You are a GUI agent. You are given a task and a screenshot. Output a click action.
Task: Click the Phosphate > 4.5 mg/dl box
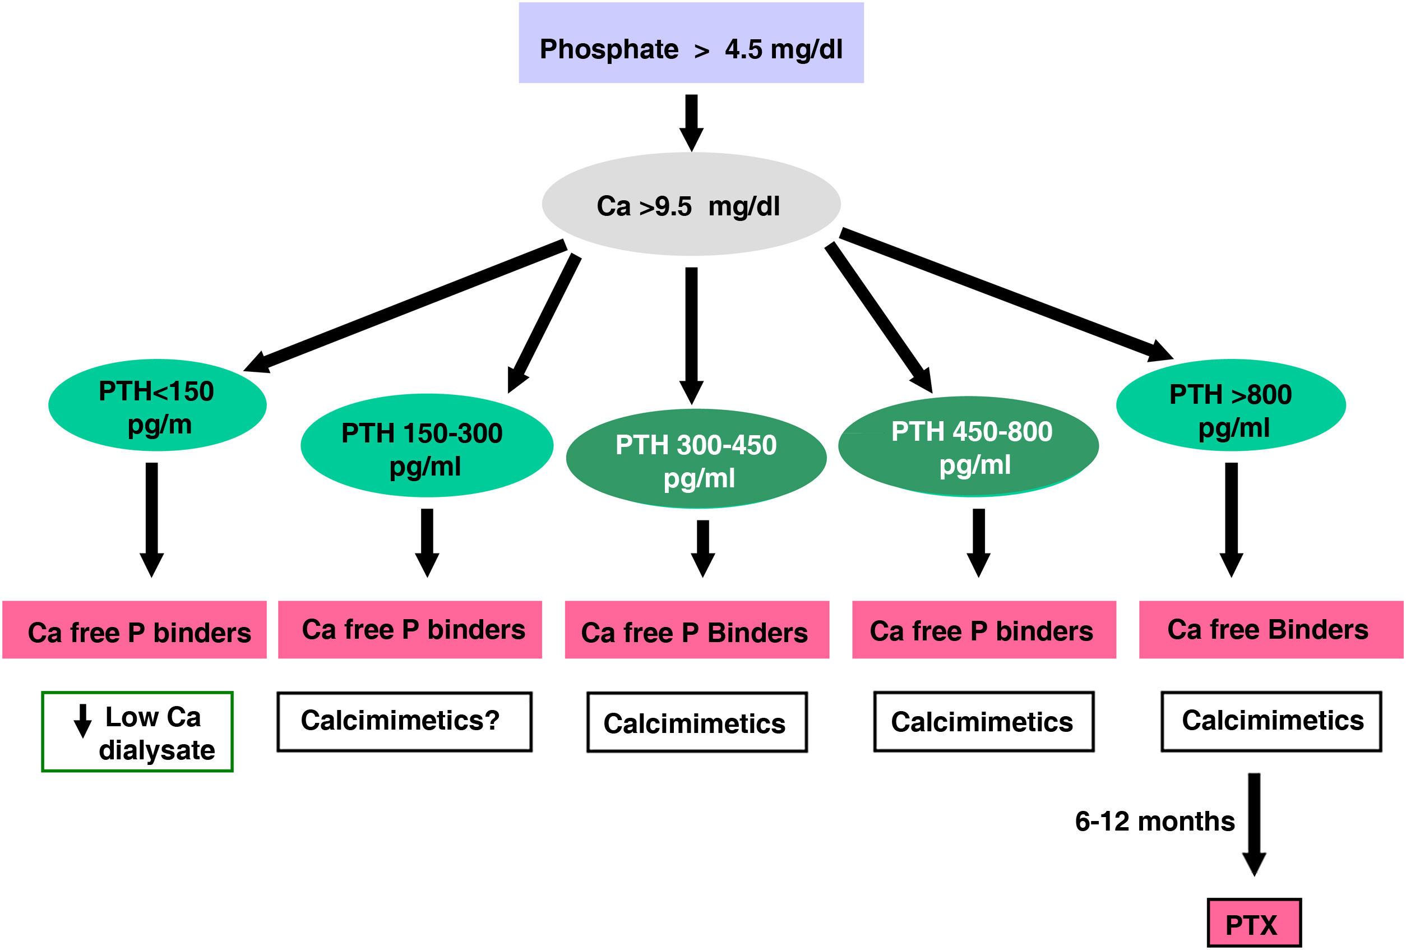pyautogui.click(x=691, y=43)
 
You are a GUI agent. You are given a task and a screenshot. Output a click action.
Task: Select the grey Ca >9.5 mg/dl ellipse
pyautogui.click(x=691, y=205)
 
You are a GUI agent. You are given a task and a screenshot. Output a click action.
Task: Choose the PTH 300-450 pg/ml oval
pyautogui.click(x=696, y=459)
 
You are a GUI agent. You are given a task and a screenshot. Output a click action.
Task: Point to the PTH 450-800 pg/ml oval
pyautogui.click(x=968, y=446)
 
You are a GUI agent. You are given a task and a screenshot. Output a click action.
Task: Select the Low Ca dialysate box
pyautogui.click(x=137, y=731)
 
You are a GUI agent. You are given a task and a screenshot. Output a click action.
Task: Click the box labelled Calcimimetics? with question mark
pyautogui.click(x=404, y=722)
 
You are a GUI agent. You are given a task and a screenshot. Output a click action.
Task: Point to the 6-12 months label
pyautogui.click(x=1154, y=822)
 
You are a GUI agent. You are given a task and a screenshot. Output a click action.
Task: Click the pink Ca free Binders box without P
pyautogui.click(x=1270, y=629)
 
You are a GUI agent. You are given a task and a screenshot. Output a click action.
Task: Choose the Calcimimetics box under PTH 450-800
pyautogui.click(x=983, y=722)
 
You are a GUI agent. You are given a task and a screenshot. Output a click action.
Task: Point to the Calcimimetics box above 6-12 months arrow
pyautogui.click(x=1271, y=721)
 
